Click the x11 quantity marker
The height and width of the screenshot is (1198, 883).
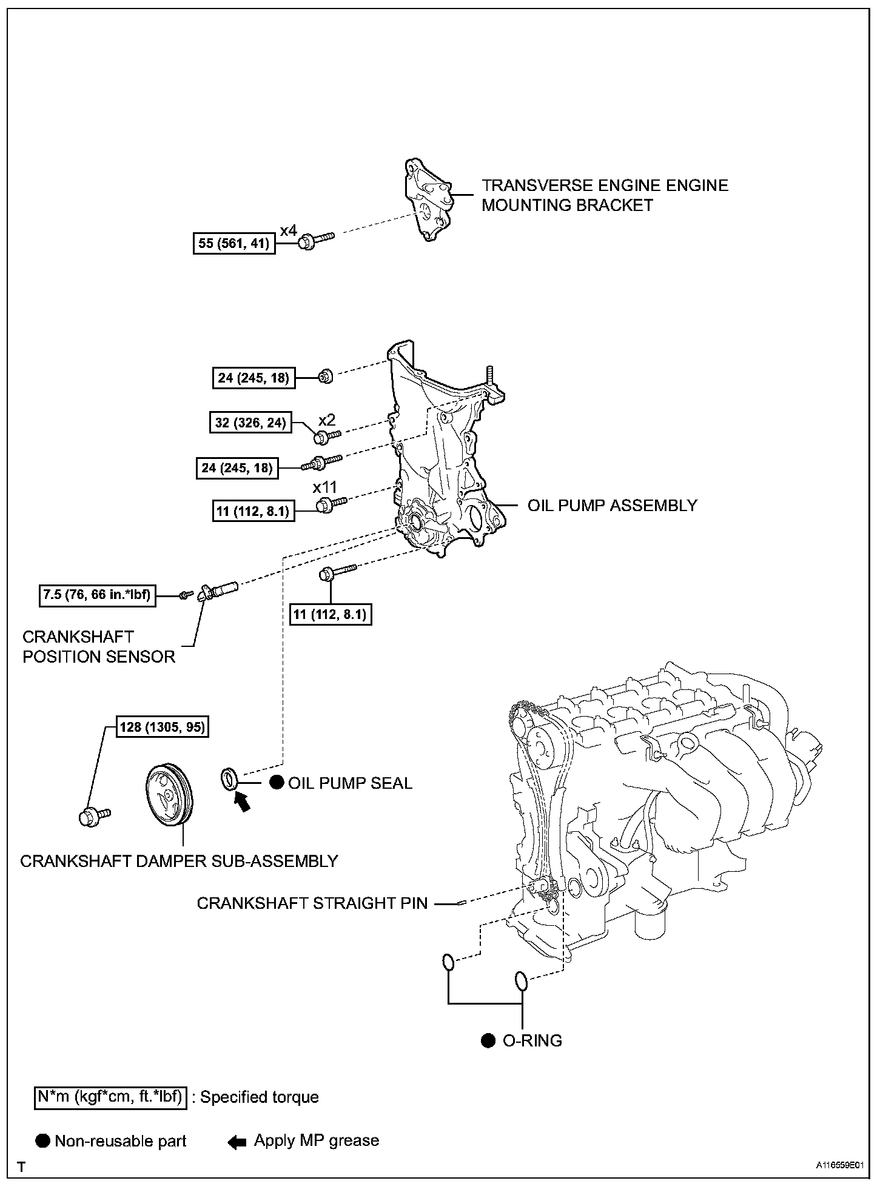(x=325, y=487)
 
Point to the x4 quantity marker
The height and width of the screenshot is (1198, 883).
(x=289, y=230)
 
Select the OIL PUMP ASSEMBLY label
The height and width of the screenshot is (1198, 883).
(x=613, y=506)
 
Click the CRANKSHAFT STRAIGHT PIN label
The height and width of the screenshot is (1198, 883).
(x=312, y=903)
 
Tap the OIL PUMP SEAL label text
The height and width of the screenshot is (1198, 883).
(x=350, y=783)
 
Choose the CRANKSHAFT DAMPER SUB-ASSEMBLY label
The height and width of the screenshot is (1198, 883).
(x=179, y=861)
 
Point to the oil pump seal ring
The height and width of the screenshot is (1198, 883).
(x=229, y=778)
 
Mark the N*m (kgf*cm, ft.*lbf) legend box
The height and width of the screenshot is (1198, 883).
(x=110, y=1097)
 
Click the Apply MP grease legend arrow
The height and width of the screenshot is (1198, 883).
(x=237, y=1142)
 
